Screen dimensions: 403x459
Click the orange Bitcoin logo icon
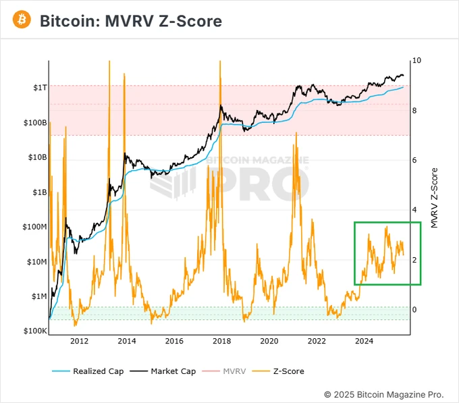point(23,21)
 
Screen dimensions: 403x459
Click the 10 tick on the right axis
point(416,61)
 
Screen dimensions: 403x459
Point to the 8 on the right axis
point(414,111)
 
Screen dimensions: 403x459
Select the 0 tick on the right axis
point(414,310)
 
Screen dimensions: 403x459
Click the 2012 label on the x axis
point(79,342)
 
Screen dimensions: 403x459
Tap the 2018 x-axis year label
point(222,342)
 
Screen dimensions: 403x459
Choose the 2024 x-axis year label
point(364,342)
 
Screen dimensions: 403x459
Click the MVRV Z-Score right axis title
point(434,197)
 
